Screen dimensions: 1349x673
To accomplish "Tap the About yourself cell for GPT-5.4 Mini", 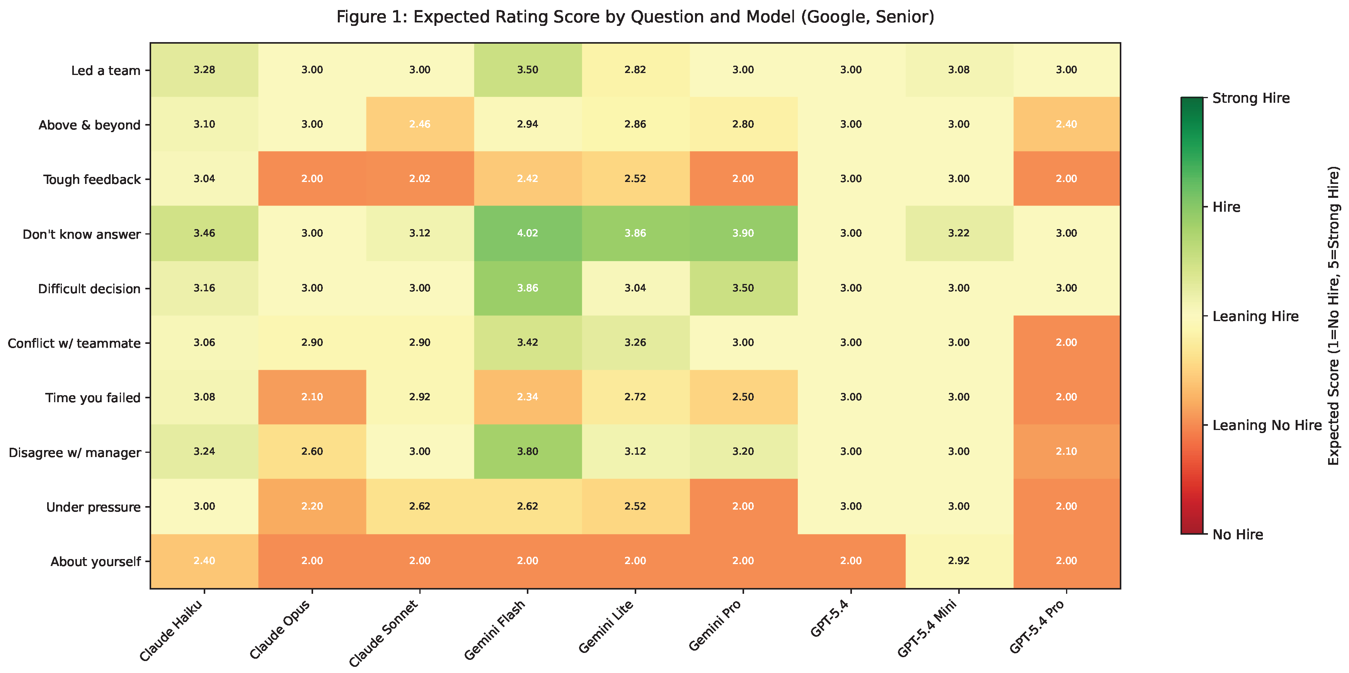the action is pos(959,561).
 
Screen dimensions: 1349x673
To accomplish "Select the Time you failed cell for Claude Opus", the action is pos(312,397).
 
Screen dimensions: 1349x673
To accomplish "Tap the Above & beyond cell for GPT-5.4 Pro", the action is pos(1067,124).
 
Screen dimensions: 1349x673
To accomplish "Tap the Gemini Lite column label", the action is pos(606,626).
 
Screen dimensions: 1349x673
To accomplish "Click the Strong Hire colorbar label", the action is pos(1251,99).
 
